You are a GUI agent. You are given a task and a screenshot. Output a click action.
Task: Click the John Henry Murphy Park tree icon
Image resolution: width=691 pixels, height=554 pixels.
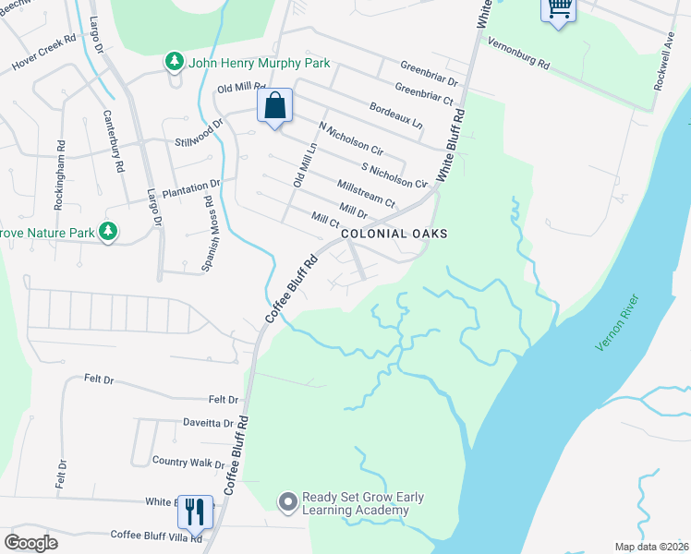pos(174,62)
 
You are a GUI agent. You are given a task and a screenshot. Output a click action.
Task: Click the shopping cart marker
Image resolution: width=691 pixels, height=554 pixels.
pos(558,9)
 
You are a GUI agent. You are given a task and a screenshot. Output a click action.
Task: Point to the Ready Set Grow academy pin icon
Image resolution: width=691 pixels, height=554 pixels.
pos(287,502)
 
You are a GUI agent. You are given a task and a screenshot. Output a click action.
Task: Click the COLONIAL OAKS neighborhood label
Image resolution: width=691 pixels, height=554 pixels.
pos(394,234)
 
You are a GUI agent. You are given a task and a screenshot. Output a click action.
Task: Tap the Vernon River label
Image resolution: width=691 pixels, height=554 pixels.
pos(620,321)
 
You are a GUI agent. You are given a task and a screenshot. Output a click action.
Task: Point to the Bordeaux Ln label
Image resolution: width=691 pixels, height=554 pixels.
pos(395,115)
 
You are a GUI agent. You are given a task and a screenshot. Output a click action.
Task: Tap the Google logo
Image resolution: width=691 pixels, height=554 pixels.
pos(30,542)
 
